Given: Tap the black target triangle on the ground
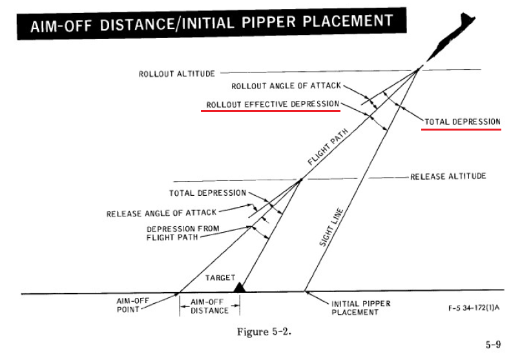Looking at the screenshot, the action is point(240,288).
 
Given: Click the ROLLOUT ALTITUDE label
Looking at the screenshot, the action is point(177,74).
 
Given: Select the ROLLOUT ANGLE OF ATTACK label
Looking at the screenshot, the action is point(286,86).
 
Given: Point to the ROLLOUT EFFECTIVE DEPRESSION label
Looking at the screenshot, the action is point(273,104).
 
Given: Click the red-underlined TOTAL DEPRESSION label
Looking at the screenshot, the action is point(462,122).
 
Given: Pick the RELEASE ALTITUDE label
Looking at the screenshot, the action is point(448,176).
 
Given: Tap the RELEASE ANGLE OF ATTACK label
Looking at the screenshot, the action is point(162,213).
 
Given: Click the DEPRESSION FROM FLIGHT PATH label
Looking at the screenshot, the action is point(183,233).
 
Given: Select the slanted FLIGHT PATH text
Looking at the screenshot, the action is point(328,147).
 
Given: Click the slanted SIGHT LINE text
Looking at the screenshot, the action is point(331,228).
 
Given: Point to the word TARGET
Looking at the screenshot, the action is point(220,278).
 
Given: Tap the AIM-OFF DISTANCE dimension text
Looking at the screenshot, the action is point(209,306).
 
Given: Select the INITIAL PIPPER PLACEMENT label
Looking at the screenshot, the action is point(360,308).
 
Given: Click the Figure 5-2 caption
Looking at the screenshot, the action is point(264,332).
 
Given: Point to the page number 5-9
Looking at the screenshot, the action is point(493,344).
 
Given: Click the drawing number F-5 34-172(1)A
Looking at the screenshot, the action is point(474,308).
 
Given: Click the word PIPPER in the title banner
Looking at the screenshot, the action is point(269,22).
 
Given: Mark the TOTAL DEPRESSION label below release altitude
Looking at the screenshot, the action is point(207,193).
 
